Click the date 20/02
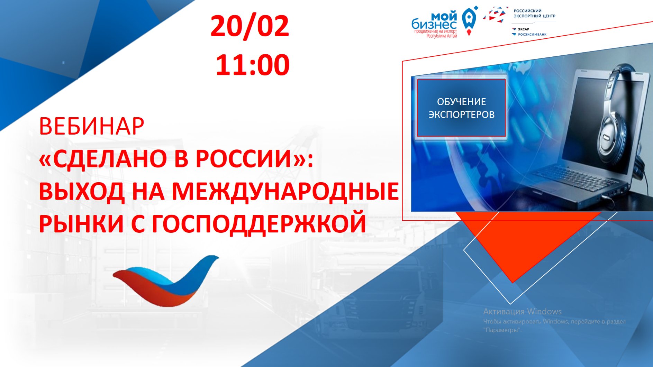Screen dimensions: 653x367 tap(250, 26)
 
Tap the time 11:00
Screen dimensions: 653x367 tap(253, 65)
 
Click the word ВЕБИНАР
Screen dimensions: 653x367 tap(91, 126)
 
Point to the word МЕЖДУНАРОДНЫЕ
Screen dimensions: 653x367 tap(285, 191)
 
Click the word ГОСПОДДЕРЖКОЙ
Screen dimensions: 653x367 tap(259, 223)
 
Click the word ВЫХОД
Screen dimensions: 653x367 tap(82, 191)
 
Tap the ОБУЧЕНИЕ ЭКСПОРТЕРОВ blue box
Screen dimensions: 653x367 tap(461, 108)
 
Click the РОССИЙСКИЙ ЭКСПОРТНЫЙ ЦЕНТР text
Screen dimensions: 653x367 tap(534, 13)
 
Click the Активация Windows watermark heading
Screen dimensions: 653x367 tap(522, 311)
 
